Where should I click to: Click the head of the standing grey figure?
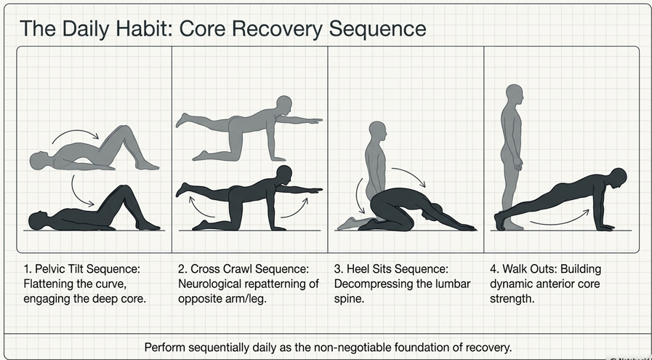(515, 94)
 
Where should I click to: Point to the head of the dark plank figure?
(618, 177)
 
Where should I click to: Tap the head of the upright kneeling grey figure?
(377, 132)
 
